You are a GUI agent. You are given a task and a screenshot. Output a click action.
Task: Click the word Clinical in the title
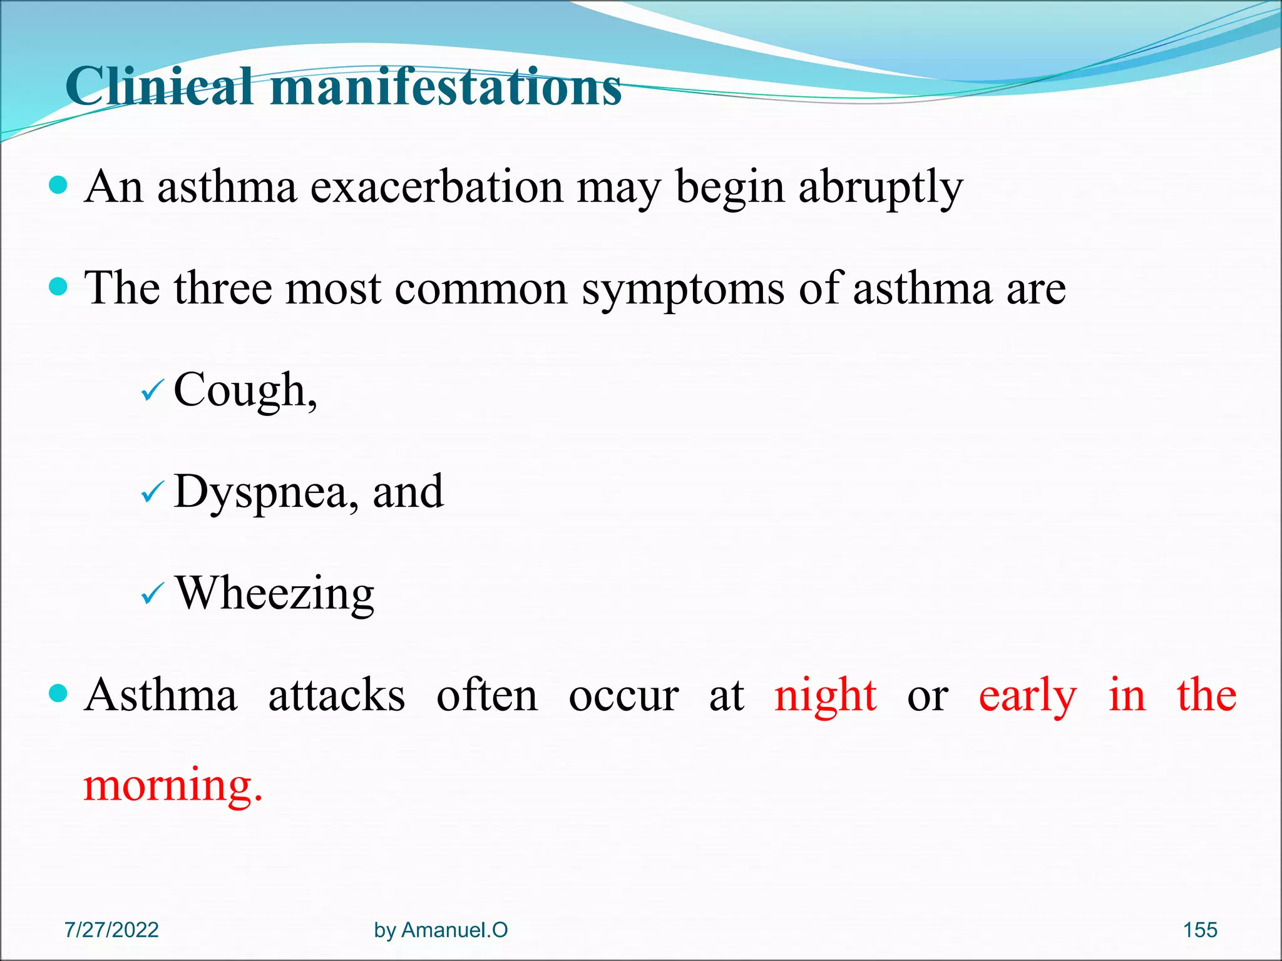coord(160,86)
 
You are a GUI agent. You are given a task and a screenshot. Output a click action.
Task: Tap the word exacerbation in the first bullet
coord(436,187)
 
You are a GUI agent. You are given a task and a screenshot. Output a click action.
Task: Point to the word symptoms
coord(682,289)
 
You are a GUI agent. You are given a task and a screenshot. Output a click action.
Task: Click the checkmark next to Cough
coord(152,392)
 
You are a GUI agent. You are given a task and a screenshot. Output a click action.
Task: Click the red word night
coord(825,695)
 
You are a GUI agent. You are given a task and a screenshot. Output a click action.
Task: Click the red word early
coord(1027,695)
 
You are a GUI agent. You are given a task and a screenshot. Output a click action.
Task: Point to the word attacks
coord(336,695)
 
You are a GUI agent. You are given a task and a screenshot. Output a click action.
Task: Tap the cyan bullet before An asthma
coord(58,185)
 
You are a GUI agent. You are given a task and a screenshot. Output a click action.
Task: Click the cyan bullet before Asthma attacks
coord(58,693)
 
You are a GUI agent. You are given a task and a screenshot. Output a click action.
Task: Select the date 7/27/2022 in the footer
coord(111,930)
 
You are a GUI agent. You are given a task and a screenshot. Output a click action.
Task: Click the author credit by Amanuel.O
coord(441,930)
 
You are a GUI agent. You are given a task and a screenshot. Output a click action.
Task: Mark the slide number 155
coord(1199,930)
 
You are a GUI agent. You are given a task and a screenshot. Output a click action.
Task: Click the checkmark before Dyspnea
coord(152,492)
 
